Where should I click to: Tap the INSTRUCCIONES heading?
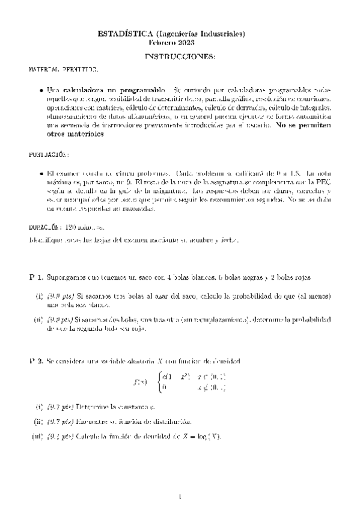coord(180,57)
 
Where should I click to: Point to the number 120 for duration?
coord(70,227)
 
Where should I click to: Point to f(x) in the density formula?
coord(139,381)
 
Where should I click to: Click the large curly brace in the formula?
coord(158,381)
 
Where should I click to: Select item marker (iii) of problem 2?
coord(37,435)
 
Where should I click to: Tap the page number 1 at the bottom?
coord(180,496)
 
